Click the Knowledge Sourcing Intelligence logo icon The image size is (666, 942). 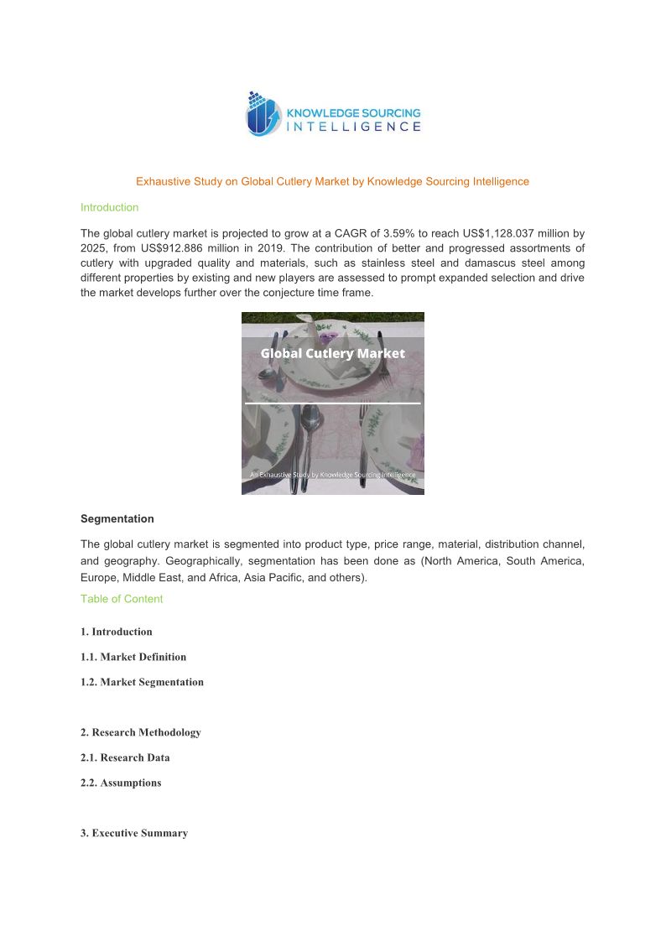click(x=262, y=114)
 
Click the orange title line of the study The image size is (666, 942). click(x=332, y=181)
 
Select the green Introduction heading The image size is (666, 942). click(x=109, y=207)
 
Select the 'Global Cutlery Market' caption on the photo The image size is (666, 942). click(x=332, y=353)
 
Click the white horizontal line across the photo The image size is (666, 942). click(x=332, y=403)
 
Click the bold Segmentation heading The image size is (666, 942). click(x=117, y=518)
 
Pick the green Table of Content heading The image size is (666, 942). click(x=122, y=599)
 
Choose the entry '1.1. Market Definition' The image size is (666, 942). click(x=133, y=657)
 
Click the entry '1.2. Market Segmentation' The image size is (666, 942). click(x=142, y=682)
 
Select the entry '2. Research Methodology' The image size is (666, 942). click(x=140, y=732)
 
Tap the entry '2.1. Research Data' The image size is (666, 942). click(x=125, y=757)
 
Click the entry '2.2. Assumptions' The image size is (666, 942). click(x=121, y=783)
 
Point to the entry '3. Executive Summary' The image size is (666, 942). click(x=134, y=833)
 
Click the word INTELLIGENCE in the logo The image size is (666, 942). click(x=354, y=127)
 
